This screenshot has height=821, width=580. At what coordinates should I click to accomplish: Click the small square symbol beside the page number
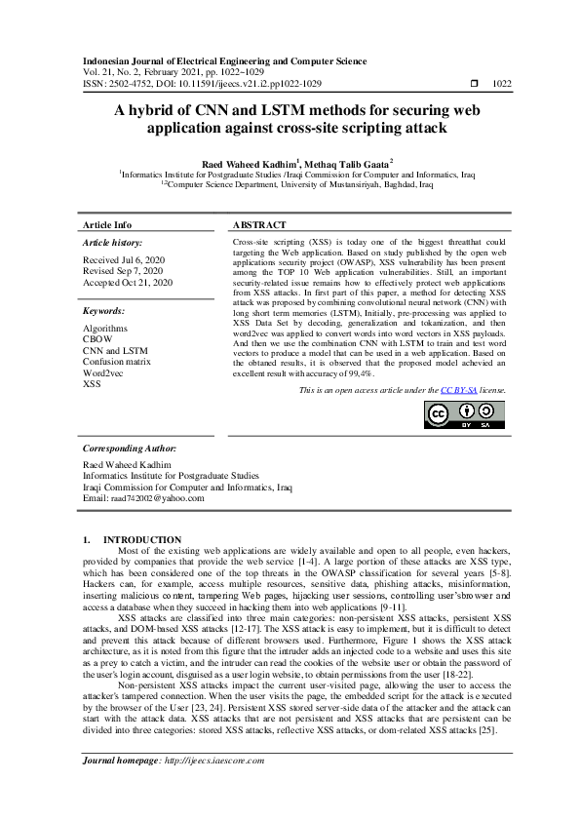475,85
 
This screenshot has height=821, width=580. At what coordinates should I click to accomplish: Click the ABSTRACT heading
259,225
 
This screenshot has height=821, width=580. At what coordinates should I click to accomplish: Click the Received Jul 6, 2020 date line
125,260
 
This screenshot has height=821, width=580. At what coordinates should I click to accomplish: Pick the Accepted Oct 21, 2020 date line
128,282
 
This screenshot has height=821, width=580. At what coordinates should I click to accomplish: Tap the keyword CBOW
97,339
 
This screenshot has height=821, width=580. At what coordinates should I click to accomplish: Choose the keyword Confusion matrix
117,362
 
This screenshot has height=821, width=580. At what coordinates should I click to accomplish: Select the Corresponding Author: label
132,449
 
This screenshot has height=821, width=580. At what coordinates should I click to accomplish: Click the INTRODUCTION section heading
142,539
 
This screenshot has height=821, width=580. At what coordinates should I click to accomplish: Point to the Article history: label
112,242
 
